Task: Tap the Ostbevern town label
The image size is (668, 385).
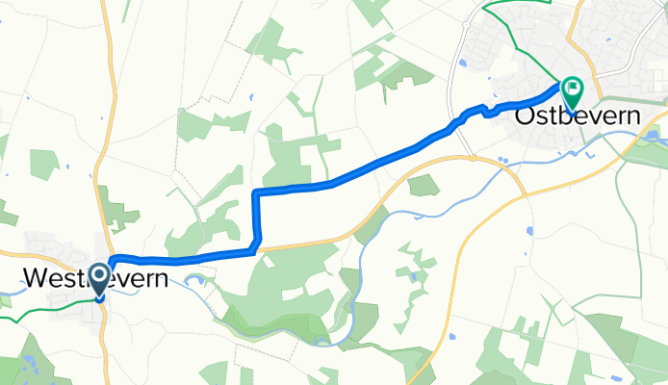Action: coord(578,115)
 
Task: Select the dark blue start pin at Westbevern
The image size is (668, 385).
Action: coord(99,281)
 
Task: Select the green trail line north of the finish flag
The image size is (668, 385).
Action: coord(525,38)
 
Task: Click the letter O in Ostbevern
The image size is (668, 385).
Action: coord(526,115)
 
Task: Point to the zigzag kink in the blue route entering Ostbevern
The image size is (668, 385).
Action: coord(486,109)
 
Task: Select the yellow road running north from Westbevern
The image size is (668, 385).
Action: coord(109,115)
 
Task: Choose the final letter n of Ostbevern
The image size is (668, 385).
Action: coord(632,115)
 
